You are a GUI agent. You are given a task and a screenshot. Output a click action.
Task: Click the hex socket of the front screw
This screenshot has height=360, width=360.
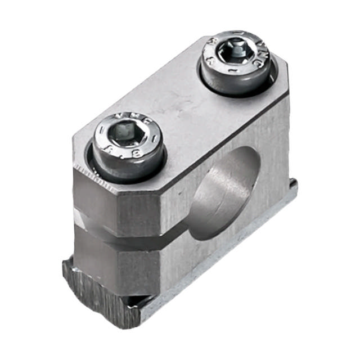[x=125, y=135]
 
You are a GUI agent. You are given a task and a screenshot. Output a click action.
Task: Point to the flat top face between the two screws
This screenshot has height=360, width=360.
[x=180, y=107]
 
